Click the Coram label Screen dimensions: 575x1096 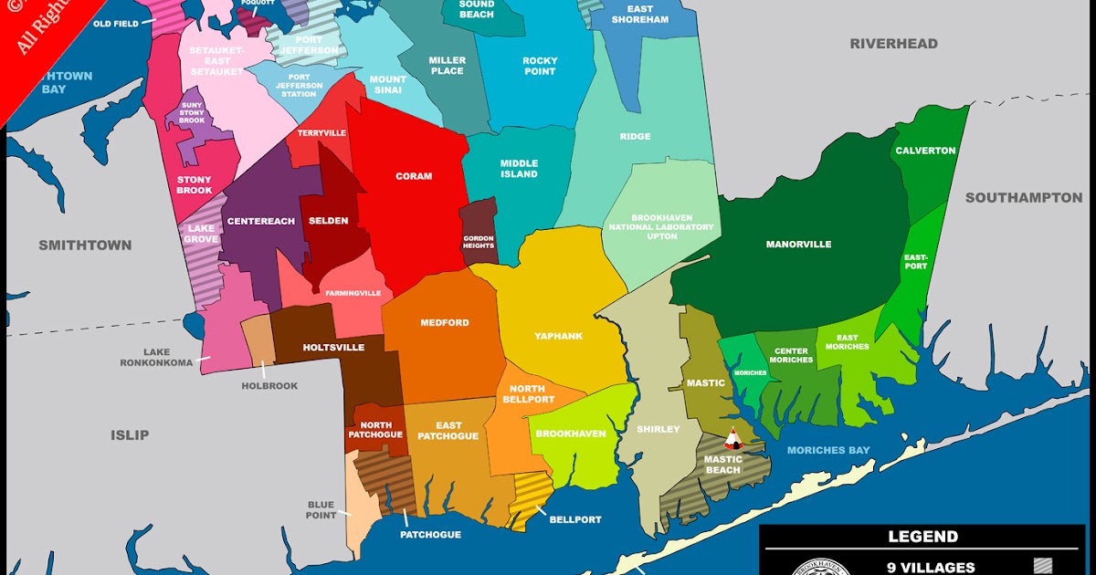click(x=414, y=176)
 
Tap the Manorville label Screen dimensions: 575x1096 click(x=798, y=245)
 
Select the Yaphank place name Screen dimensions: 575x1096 click(x=559, y=336)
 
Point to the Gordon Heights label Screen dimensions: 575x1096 click(x=479, y=241)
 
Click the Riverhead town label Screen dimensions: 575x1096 click(x=893, y=44)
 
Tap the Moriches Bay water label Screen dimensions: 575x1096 click(x=828, y=450)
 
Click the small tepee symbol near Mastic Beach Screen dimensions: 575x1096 click(x=732, y=439)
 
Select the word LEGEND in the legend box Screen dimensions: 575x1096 click(x=922, y=537)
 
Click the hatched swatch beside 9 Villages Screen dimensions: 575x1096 click(x=1043, y=567)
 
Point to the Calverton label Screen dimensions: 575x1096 click(x=925, y=151)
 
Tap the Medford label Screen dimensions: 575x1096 click(x=445, y=323)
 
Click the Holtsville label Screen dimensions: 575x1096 click(x=333, y=348)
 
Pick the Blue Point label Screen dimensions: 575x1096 click(x=321, y=509)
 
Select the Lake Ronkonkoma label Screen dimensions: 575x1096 click(x=157, y=357)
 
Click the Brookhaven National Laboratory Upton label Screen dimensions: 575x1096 click(x=661, y=227)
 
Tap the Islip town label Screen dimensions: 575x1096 click(x=130, y=434)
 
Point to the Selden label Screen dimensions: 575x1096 click(x=329, y=221)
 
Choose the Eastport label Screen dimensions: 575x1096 click(x=916, y=261)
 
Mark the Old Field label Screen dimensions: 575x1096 click(x=116, y=24)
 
